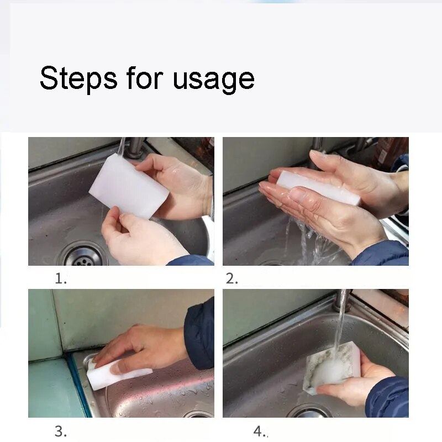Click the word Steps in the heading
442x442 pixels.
[78, 78]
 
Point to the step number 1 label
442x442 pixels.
[61, 279]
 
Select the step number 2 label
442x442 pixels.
[231, 279]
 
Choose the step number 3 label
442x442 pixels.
[61, 431]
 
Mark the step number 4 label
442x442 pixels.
[259, 431]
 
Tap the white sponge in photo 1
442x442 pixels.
[129, 186]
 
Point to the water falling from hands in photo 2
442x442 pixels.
[307, 243]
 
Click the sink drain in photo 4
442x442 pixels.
[309, 412]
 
